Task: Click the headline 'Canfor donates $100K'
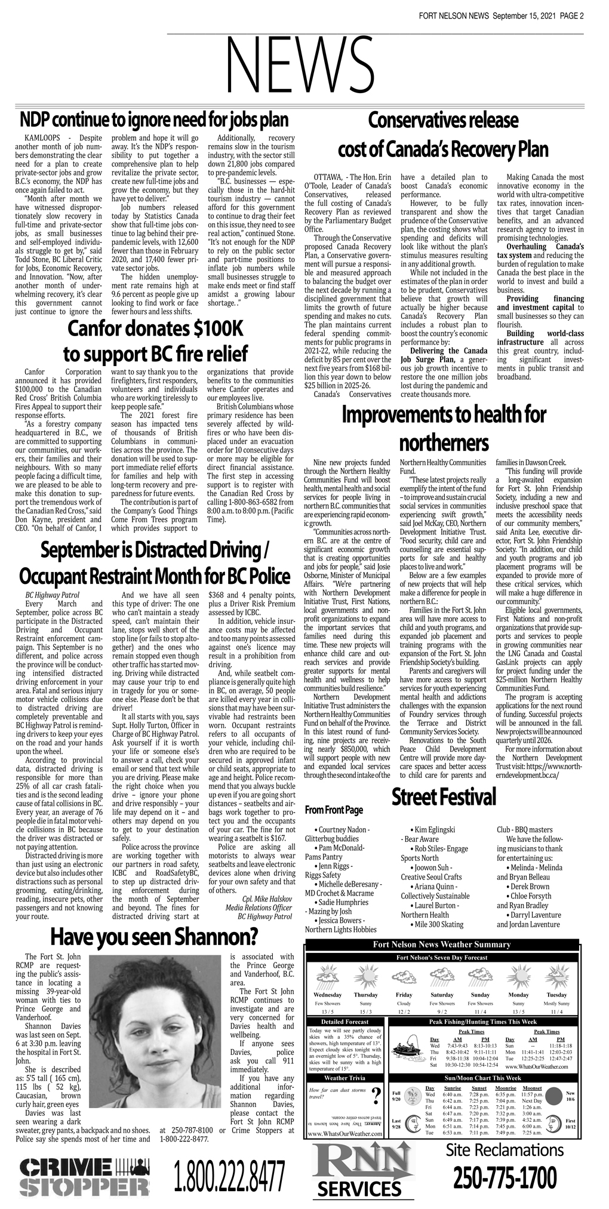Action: click(155, 328)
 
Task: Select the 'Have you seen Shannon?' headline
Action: click(154, 937)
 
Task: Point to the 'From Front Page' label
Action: click(334, 810)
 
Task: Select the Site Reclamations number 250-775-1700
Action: click(505, 1178)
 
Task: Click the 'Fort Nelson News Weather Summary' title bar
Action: click(442, 945)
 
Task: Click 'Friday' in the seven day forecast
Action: click(404, 995)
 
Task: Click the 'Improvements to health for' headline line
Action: click(443, 416)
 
